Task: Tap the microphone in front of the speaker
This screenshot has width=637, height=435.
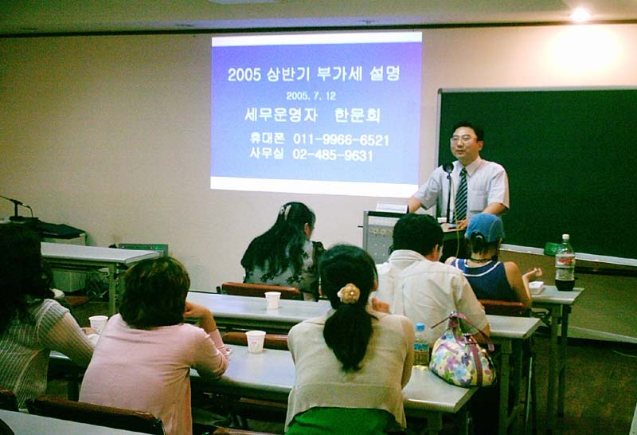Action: click(448, 167)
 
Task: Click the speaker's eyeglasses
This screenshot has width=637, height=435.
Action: click(463, 139)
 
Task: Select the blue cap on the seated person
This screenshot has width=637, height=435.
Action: click(485, 227)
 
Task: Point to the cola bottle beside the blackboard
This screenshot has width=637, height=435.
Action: click(565, 262)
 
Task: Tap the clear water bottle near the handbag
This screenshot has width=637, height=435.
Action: click(421, 346)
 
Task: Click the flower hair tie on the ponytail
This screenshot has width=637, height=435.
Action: click(349, 293)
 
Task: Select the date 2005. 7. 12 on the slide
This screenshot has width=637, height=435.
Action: click(311, 96)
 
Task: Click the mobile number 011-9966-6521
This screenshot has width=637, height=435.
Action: click(341, 140)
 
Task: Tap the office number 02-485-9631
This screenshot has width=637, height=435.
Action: click(332, 155)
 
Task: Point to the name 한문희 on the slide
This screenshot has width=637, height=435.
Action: click(357, 116)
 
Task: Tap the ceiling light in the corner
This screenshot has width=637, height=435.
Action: click(580, 15)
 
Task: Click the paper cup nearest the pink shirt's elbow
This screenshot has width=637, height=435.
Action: click(256, 342)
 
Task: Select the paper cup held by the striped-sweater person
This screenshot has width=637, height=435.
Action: click(98, 324)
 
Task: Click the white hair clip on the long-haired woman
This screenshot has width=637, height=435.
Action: click(286, 211)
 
